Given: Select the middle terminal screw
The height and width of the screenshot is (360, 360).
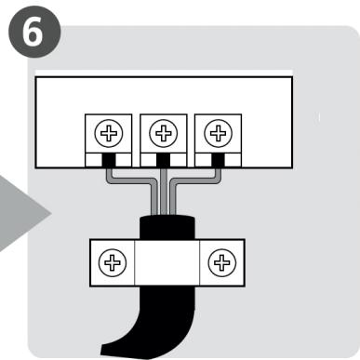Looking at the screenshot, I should tap(164, 134).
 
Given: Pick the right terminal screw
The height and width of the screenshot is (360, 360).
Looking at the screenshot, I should tap(218, 134).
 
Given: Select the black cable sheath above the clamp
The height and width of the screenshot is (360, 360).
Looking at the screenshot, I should tap(166, 225).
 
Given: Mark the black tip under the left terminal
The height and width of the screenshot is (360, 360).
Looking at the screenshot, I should tap(110, 162).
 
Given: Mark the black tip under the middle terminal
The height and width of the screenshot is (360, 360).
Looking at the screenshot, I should tap(164, 162).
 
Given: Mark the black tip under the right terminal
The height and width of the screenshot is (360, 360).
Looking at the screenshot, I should tap(218, 162).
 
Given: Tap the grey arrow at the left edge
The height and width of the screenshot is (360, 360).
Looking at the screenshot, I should tap(23, 214).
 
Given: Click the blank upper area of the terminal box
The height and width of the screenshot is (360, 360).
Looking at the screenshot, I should tap(163, 93).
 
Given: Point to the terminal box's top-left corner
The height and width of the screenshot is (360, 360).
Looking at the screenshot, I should tap(34, 77).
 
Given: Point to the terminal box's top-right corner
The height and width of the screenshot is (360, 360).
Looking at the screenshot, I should tap(292, 77).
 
